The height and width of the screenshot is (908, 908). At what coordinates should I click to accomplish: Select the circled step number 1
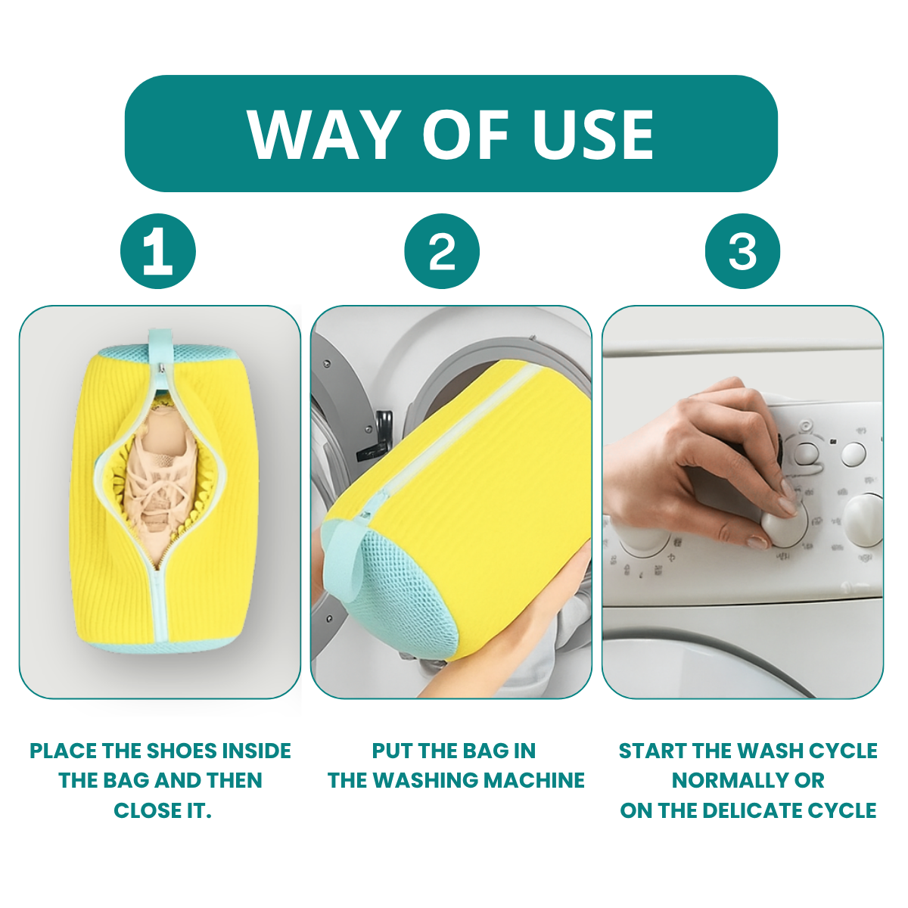coord(158,251)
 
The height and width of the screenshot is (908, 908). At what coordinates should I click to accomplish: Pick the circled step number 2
coord(442,251)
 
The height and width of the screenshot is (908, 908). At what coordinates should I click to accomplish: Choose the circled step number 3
coord(742,251)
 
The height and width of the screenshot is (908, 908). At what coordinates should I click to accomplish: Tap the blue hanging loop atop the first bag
coord(160,348)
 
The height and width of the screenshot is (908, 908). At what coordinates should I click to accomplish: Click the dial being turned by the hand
coord(787,522)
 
